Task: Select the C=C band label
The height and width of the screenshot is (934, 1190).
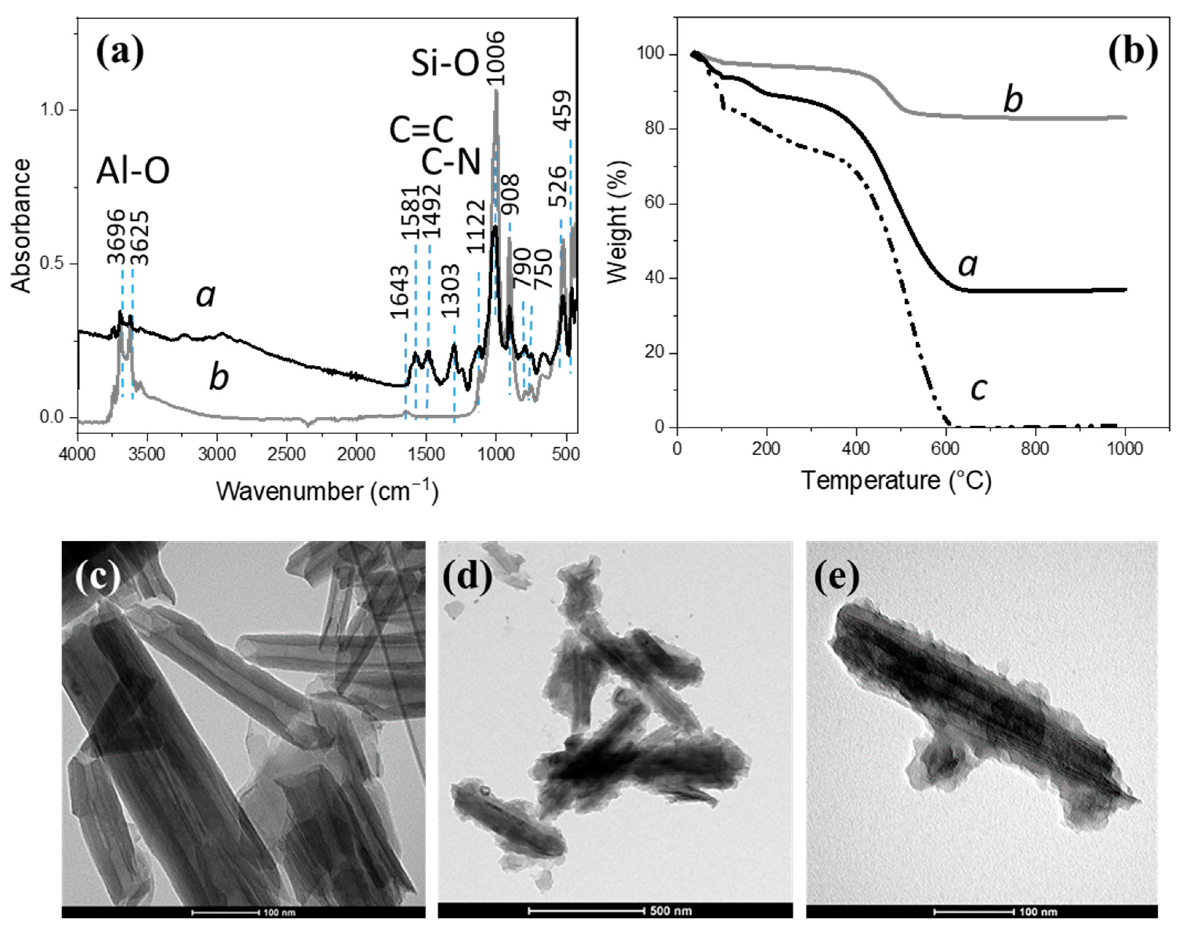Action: (421, 130)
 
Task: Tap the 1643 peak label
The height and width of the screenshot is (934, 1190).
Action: (400, 292)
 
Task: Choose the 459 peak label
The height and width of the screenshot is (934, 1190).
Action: (563, 110)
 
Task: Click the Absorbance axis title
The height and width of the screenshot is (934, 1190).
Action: (22, 225)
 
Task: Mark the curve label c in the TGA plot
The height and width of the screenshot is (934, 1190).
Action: (979, 389)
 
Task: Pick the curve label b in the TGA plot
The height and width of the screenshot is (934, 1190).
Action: (1013, 100)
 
